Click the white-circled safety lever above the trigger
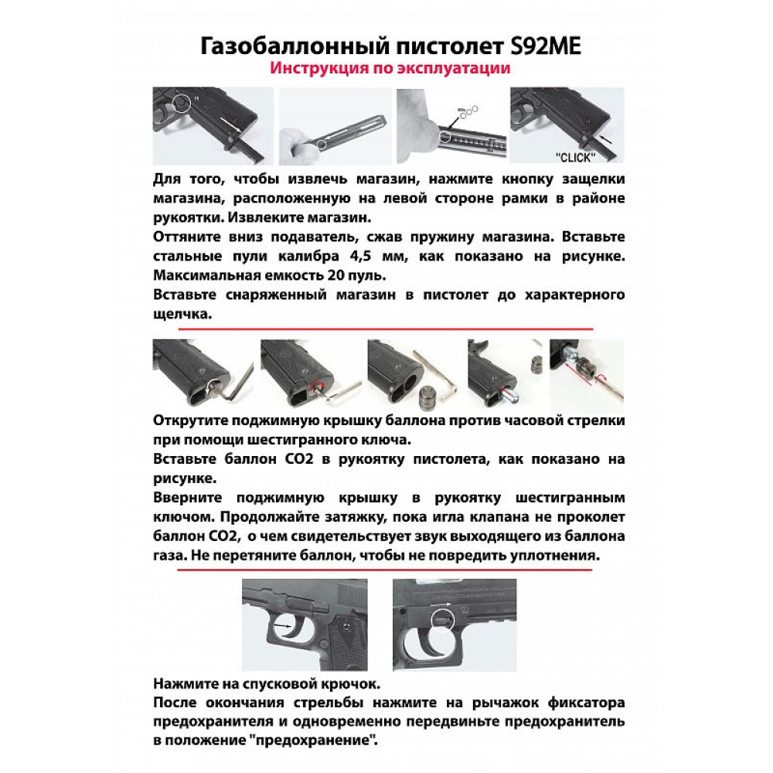pyautogui.click(x=440, y=617)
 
